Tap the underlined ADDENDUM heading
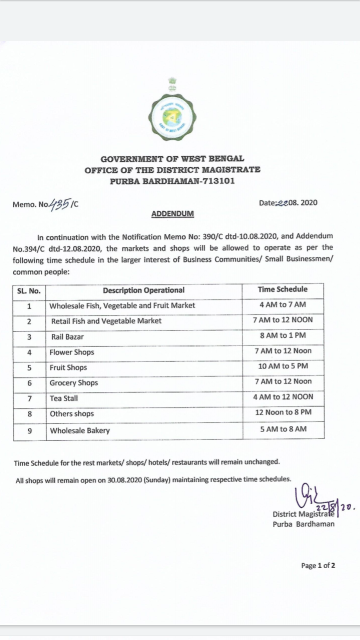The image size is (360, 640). [x=172, y=214]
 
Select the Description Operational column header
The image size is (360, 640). [x=143, y=290]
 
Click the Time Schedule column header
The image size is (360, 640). [x=282, y=289]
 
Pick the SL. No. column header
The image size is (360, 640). [x=29, y=291]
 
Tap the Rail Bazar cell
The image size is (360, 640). [x=67, y=337]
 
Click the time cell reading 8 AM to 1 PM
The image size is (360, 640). [x=283, y=335]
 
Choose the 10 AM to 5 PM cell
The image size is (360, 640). [x=283, y=366]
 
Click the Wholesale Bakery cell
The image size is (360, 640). [x=79, y=430]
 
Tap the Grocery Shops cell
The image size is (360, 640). [x=73, y=383]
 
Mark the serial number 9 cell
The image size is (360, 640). [x=29, y=430]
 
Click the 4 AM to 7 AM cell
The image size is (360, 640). [x=283, y=304]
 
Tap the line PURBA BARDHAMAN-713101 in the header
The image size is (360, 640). [x=172, y=180]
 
